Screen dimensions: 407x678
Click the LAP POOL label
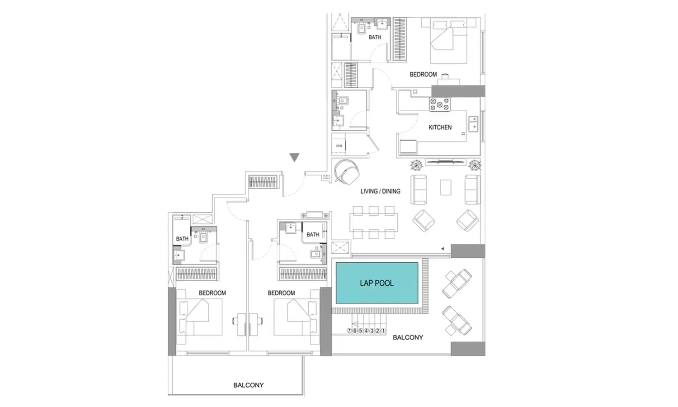point(377,283)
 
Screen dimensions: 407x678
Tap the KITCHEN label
point(440,128)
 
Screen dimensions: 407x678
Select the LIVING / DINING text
point(380,191)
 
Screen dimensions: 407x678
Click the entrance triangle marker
point(294,157)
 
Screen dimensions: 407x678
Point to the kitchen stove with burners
point(439,104)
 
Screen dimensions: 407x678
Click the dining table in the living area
point(373,222)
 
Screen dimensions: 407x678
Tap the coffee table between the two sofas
point(446,188)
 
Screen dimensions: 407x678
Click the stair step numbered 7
point(349,331)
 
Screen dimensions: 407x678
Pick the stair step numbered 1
point(383,331)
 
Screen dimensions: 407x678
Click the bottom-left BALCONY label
point(248,385)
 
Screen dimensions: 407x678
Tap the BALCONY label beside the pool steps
point(408,337)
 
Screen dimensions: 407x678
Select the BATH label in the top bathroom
point(375,37)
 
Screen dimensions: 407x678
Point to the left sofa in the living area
point(419,189)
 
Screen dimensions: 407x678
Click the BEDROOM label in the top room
point(423,75)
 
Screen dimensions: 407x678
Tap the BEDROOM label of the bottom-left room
point(212,293)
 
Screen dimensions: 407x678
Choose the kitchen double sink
point(473,123)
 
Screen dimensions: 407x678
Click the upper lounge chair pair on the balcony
point(457,284)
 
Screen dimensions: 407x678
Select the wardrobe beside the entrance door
point(263,182)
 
